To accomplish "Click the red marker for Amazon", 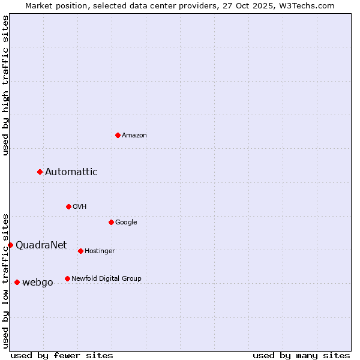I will [118, 135].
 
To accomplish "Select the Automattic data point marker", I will [40, 172].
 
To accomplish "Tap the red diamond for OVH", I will [68, 206].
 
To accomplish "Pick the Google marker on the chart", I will [111, 222].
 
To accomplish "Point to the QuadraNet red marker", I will [10, 245].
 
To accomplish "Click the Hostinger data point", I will [80, 251].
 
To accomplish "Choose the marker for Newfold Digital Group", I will [67, 278].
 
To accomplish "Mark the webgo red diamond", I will [17, 282].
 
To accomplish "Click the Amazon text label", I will [134, 136].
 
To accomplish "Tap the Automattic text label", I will [71, 172].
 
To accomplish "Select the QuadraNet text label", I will [41, 245].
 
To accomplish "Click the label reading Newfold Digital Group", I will [106, 278].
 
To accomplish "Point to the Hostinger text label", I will [100, 251].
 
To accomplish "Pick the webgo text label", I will [38, 283].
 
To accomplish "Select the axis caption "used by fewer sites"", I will [62, 355].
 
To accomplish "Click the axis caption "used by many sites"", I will [301, 355].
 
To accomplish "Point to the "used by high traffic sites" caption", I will [5, 85].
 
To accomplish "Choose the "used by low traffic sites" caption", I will [5, 280].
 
